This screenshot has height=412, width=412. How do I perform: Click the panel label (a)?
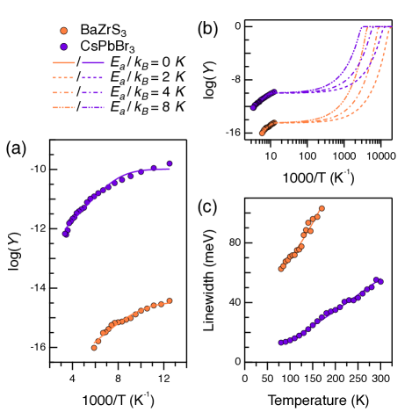click(x=17, y=149)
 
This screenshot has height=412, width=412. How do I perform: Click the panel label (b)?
click(x=207, y=30)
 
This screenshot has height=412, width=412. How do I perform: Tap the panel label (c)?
click(x=207, y=207)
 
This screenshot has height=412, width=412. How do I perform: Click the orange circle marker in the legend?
click(x=63, y=32)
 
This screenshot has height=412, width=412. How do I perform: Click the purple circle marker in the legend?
click(x=63, y=46)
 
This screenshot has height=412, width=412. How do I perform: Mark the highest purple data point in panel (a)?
click(x=170, y=163)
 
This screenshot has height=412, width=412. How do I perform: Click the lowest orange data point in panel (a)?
click(x=94, y=347)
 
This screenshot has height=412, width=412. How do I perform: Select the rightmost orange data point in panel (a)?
click(x=170, y=301)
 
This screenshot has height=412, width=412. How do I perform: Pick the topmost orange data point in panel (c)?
click(x=322, y=208)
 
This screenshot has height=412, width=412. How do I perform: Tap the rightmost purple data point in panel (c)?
click(x=380, y=281)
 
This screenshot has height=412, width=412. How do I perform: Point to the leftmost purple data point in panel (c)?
click(x=280, y=343)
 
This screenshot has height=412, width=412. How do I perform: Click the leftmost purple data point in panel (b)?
click(x=253, y=108)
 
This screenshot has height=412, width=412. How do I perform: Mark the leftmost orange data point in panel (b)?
click(x=263, y=133)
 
